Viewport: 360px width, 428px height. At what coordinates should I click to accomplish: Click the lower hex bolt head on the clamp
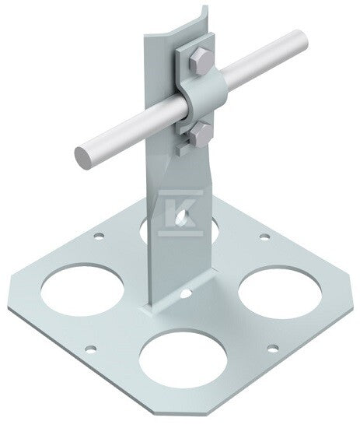tap(201, 135)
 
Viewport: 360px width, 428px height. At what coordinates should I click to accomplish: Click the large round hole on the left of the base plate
tap(82, 289)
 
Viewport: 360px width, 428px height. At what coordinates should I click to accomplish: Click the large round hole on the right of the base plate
tap(280, 293)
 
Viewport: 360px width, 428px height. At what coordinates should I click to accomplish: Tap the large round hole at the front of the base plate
tap(183, 358)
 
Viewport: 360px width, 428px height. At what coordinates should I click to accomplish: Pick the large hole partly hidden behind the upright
tap(145, 230)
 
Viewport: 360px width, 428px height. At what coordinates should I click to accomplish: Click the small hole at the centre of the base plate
tap(186, 293)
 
